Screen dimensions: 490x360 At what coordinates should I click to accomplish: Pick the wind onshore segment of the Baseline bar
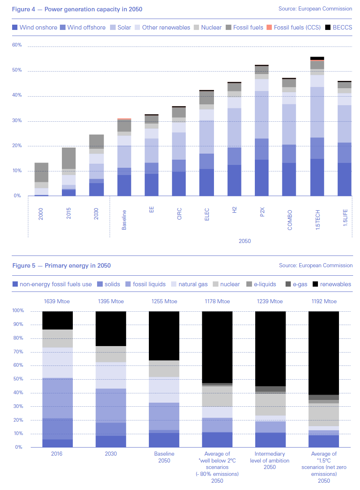point(124,185)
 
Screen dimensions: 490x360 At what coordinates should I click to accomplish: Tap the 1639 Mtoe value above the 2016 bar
point(57,301)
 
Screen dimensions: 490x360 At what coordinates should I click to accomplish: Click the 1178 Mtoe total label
point(217,301)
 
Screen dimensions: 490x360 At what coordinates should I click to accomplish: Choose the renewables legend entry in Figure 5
point(332,284)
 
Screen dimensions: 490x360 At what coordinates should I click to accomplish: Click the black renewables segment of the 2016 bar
point(57,320)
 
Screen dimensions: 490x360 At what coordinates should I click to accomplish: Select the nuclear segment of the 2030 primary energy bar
point(110,354)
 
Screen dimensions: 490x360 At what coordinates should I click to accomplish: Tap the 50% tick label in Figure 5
point(18,379)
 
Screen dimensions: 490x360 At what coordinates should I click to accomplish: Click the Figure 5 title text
point(61,266)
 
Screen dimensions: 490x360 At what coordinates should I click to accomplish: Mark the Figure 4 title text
point(77,9)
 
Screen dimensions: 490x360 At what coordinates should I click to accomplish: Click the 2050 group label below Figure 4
point(244,241)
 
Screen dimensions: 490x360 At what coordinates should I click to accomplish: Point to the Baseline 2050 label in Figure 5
point(164,457)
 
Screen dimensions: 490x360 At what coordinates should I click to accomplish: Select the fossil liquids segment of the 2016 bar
point(57,398)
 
